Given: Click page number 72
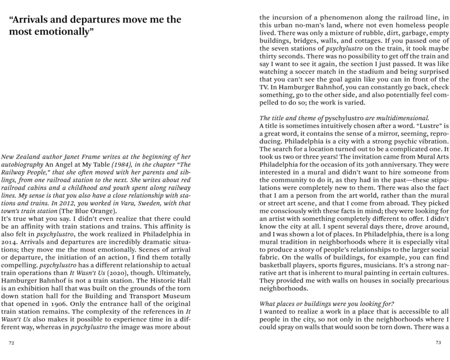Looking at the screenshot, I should point(12,343).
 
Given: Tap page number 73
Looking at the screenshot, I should point(437,343).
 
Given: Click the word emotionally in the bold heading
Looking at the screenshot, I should point(54,33).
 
